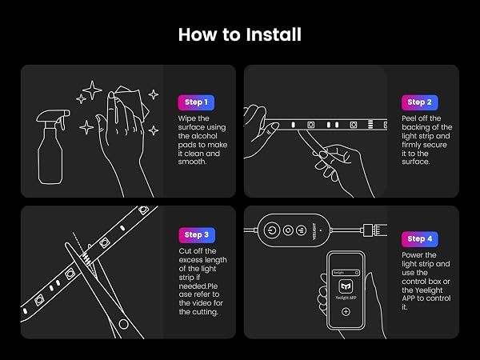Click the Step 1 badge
click(196, 102)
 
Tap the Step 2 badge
click(420, 102)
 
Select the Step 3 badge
click(197, 235)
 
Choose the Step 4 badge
click(420, 239)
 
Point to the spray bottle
click(52, 147)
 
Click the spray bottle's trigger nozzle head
click(53, 116)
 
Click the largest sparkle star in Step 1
click(92, 90)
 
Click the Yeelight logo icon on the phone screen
click(346, 287)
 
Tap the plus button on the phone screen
click(346, 312)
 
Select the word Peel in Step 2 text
click(410, 118)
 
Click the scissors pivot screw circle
click(123, 324)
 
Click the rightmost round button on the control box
click(302, 230)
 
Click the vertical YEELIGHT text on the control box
click(314, 231)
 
